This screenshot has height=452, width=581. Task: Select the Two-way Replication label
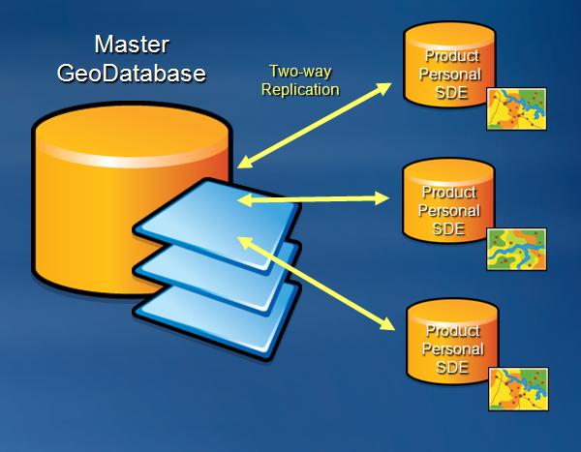pos(303,79)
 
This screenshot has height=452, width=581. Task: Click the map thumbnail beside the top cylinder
pos(516,108)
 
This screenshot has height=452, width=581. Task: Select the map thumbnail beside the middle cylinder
pos(516,249)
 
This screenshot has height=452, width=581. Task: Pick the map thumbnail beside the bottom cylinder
pos(518,388)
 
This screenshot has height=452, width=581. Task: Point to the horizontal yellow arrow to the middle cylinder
pos(313,200)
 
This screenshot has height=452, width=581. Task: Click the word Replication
pos(303,89)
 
